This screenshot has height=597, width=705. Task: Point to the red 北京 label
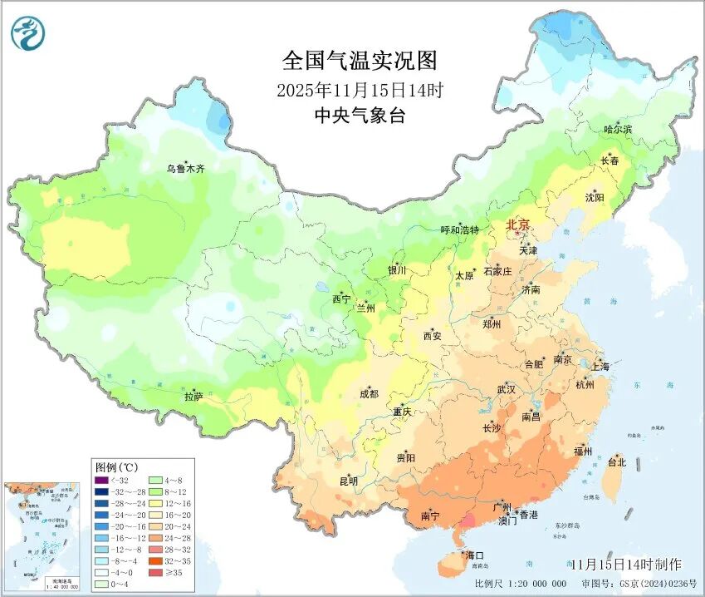518,225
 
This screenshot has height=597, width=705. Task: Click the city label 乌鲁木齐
185,169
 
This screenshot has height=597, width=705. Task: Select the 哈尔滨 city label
618,130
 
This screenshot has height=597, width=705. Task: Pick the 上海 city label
600,366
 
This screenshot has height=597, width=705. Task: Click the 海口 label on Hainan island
474,555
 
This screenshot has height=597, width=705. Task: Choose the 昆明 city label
348,481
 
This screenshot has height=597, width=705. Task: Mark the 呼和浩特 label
459,229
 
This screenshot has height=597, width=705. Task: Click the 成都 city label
370,394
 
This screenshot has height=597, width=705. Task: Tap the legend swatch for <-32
101,480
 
